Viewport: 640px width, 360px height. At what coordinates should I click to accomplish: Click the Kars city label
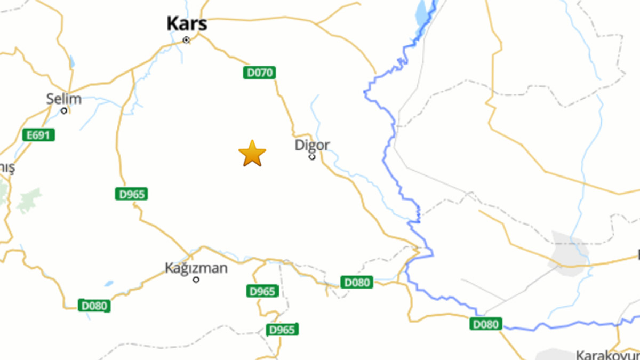click(x=186, y=24)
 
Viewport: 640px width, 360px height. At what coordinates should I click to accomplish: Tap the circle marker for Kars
click(x=186, y=40)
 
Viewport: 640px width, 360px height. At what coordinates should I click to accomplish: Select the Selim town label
click(x=64, y=99)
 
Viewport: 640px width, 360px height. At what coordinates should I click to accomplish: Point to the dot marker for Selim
click(x=64, y=111)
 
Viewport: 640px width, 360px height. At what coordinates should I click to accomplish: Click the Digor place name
click(x=312, y=145)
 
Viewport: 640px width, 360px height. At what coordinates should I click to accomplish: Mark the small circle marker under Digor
click(x=312, y=157)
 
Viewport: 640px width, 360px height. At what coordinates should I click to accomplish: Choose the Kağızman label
click(x=196, y=268)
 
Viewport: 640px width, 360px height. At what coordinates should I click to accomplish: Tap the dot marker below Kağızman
click(x=196, y=279)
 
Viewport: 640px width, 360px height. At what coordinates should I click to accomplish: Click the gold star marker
click(x=252, y=154)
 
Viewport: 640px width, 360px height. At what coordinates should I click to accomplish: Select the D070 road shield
click(x=260, y=73)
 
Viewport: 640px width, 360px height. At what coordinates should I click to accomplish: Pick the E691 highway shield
click(x=39, y=135)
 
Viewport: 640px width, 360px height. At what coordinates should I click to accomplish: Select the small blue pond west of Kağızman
click(x=109, y=284)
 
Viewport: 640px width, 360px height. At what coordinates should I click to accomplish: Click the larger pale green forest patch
click(x=29, y=200)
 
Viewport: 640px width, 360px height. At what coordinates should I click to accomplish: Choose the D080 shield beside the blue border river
click(x=486, y=324)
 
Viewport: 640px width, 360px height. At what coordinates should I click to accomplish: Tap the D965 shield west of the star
click(x=131, y=194)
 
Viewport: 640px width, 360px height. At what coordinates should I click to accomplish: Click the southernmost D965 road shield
click(x=282, y=330)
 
